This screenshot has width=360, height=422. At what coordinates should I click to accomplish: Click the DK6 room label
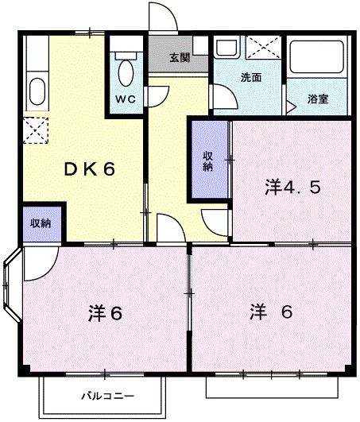[91, 169]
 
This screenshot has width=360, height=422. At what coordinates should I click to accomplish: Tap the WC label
[126, 99]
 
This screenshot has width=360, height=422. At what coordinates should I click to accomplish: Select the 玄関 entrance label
[180, 57]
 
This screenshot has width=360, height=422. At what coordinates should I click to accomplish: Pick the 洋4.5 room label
[292, 188]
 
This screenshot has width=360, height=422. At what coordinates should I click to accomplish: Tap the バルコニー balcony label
[107, 395]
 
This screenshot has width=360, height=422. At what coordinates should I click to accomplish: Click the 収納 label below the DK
[41, 223]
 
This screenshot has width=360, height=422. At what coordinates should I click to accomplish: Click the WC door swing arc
[160, 92]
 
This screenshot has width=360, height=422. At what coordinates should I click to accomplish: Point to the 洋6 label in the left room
[104, 312]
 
